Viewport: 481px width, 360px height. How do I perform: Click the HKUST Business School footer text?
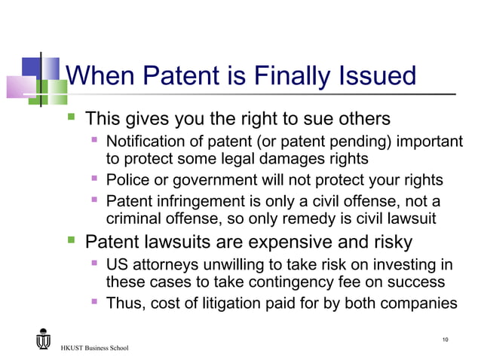coord(95,348)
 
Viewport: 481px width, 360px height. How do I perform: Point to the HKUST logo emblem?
coord(43,339)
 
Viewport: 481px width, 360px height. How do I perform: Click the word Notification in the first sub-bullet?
coord(146,142)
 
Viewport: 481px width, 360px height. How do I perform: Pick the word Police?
coord(125,181)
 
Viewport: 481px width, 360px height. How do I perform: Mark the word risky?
coord(391,243)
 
